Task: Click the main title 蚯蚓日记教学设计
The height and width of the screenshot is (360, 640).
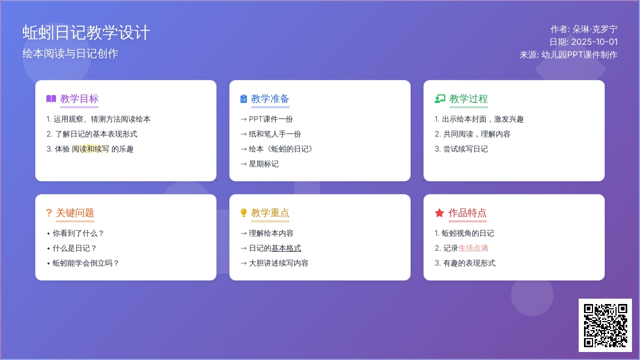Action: coord(86,33)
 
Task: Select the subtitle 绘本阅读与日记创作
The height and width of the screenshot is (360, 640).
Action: coord(70,54)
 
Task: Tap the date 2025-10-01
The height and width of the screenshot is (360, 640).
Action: coord(594,42)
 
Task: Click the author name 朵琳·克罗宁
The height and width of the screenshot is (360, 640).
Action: coord(595,29)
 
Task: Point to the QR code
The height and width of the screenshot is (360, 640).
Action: coord(605,325)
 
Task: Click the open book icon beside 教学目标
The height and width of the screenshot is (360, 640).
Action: coord(51,99)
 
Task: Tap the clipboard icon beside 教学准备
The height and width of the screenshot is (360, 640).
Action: coord(243,99)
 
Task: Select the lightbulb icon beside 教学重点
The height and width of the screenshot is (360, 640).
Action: coord(243,213)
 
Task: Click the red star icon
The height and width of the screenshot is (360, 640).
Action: coord(439,213)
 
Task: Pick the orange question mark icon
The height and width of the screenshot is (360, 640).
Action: coord(49,213)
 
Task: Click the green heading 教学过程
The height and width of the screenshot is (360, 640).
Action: coord(469,99)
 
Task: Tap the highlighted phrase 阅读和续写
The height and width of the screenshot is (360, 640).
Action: coord(90,149)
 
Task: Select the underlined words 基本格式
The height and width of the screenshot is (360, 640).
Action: coord(286,248)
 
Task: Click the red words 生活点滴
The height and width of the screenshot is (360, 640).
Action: coord(473,248)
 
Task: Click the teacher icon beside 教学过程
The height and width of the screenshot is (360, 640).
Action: coord(440,99)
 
